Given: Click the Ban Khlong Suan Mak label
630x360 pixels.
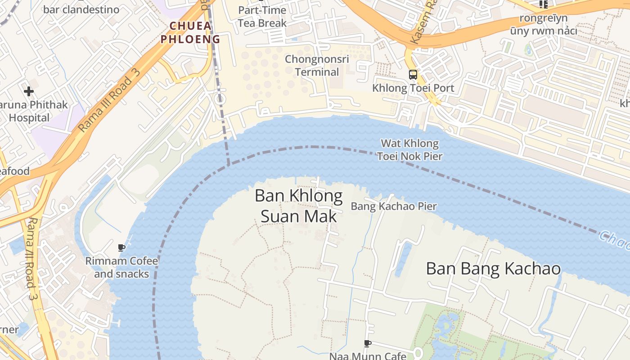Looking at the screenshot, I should point(298,206).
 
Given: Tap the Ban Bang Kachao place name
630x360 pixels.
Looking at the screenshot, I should point(493,269).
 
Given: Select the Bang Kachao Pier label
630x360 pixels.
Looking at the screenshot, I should point(394,207).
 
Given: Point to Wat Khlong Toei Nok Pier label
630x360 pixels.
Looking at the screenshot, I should point(409,150).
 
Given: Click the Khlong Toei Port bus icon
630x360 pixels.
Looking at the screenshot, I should point(413,75).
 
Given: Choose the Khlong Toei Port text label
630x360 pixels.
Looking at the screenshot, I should point(413,88).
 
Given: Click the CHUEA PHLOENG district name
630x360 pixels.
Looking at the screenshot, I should point(190,32).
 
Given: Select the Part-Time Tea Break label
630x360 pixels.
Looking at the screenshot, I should point(262,17).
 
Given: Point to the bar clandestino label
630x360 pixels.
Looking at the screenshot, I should point(81,9).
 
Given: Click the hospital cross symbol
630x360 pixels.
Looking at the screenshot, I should point(29,92).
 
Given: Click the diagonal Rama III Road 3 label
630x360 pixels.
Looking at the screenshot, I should point(109,101).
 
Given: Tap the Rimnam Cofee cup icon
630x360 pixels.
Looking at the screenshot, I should point(121,247).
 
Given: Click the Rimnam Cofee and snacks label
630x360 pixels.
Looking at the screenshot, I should point(121,267).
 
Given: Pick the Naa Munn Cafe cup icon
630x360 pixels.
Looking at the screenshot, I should point(368,344).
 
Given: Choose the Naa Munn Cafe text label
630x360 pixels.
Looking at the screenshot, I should point(368,356).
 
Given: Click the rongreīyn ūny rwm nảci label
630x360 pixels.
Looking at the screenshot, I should point(543,25).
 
